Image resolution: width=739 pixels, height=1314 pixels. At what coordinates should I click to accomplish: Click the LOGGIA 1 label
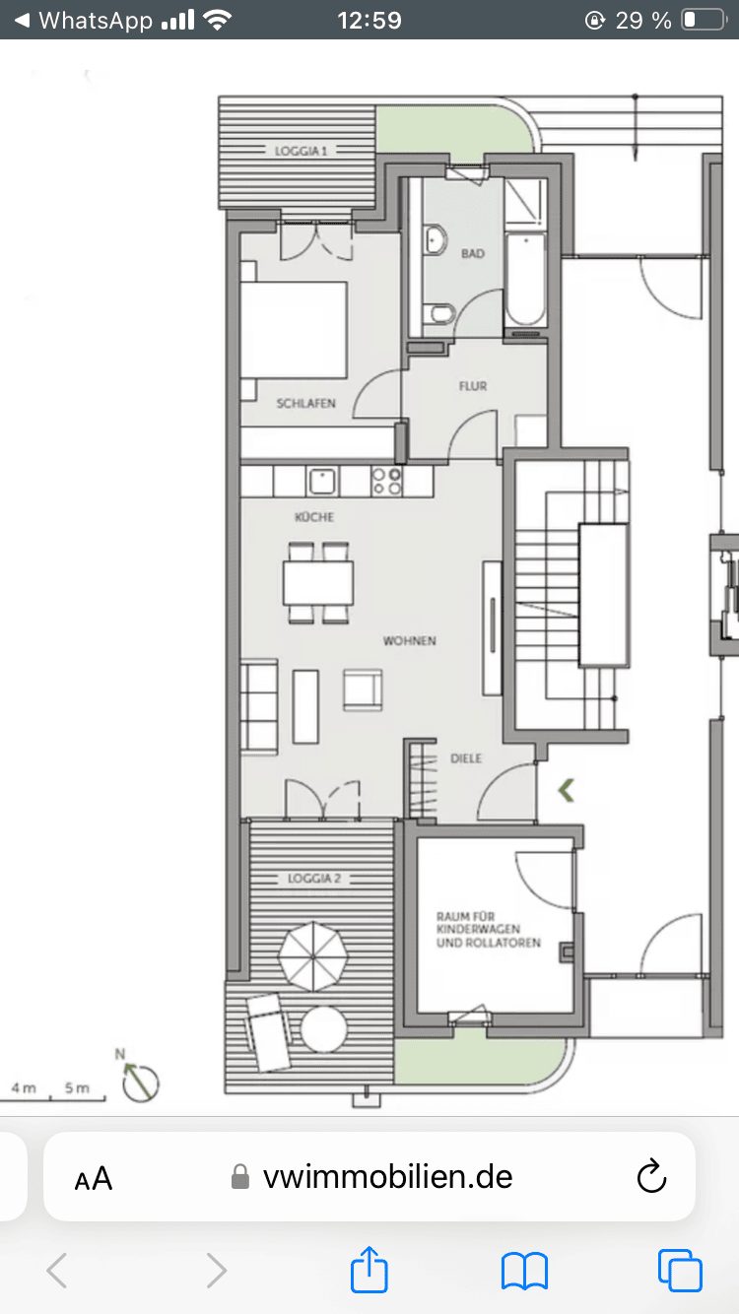coord(302,151)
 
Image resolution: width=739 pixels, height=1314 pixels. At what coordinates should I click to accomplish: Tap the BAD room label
coord(473,253)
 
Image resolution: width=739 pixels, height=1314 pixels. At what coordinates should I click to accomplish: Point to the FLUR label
coord(473,386)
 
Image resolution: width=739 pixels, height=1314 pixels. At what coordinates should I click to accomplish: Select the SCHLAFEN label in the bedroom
coord(305,403)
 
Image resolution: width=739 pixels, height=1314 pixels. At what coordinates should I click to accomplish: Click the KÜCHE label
coord(314,517)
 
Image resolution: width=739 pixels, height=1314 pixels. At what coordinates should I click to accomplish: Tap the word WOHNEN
coord(410,640)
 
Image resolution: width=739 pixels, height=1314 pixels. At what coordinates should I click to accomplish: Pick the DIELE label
coord(466,758)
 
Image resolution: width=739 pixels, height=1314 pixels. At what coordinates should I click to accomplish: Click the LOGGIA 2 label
coord(314,879)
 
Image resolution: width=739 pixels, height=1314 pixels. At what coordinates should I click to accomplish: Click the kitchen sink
coord(321,482)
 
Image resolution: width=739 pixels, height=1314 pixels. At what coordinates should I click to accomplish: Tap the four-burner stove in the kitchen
coord(387,482)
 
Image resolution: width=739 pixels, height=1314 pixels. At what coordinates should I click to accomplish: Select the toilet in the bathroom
coord(439,312)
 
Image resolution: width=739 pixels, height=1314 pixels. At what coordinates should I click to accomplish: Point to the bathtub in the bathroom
coord(525,280)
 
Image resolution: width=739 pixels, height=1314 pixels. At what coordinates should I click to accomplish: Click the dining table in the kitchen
coord(318,582)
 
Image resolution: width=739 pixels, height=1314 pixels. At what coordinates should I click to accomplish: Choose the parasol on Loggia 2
coord(313,956)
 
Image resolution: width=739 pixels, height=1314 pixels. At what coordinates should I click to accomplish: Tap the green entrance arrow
coord(567,790)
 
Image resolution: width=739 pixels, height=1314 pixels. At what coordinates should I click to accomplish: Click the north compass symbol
coord(140,1080)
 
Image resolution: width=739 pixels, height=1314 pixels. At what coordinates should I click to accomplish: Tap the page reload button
coord(651,1177)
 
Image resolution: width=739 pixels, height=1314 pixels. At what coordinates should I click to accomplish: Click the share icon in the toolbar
coord(369,1269)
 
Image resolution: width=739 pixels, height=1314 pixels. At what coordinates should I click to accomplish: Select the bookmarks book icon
coord(525,1272)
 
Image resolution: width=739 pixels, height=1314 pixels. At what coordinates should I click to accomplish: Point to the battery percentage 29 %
coord(643,21)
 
